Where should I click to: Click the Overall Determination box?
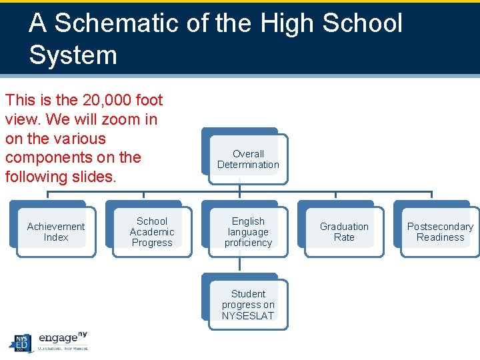(x=248, y=159)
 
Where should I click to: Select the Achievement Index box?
(x=56, y=232)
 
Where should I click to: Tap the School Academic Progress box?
(x=152, y=232)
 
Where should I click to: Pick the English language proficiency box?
(x=248, y=232)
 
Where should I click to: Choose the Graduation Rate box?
(x=344, y=232)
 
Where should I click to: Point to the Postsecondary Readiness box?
(x=440, y=232)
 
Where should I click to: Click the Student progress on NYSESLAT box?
(x=248, y=305)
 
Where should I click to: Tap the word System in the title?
(x=73, y=55)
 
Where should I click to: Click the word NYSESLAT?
(x=248, y=316)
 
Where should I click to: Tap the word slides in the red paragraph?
(x=95, y=177)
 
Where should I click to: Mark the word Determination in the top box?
(x=248, y=165)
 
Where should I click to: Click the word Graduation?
(x=344, y=227)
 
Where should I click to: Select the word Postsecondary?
(x=440, y=227)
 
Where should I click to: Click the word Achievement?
(x=56, y=227)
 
